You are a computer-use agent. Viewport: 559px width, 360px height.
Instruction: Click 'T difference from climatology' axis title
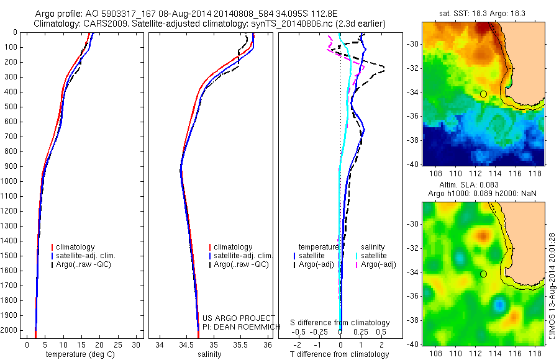click(x=340, y=354)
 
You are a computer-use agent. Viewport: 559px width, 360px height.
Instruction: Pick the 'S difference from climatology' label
click(x=340, y=323)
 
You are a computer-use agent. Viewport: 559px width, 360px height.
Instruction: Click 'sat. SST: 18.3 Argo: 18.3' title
click(x=483, y=13)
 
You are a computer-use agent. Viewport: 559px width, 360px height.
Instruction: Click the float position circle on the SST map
click(x=483, y=94)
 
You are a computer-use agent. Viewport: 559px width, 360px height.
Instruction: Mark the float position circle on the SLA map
click(x=483, y=274)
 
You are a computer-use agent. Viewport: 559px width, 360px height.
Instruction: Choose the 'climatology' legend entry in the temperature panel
click(x=75, y=247)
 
